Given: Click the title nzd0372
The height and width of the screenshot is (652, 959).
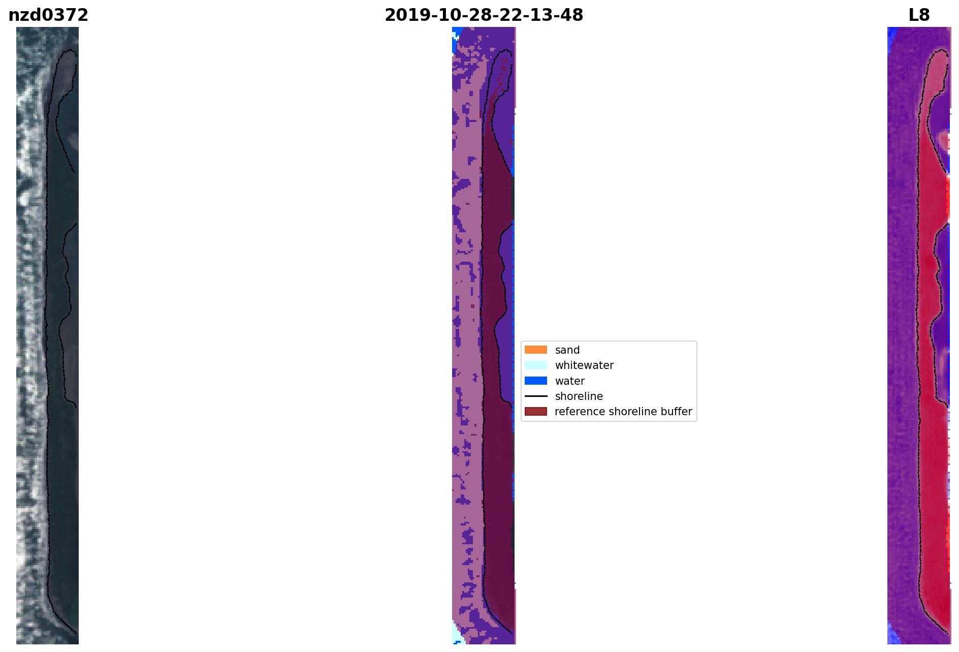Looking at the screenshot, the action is (48, 15).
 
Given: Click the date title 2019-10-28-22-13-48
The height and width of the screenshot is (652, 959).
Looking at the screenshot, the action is (484, 15).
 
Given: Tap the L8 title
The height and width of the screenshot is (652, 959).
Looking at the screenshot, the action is (919, 15).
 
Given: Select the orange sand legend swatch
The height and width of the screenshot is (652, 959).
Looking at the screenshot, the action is (536, 350).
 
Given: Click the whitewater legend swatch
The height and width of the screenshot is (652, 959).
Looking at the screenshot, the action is (536, 365).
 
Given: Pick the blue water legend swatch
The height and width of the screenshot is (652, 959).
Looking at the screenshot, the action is (536, 381).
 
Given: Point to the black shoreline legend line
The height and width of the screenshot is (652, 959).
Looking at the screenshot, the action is (536, 396).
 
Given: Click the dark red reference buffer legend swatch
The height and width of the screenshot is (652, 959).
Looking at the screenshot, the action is (536, 411).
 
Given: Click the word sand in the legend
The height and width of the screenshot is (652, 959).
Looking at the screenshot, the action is (567, 350).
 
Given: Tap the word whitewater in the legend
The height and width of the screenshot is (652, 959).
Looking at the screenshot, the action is (584, 365).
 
